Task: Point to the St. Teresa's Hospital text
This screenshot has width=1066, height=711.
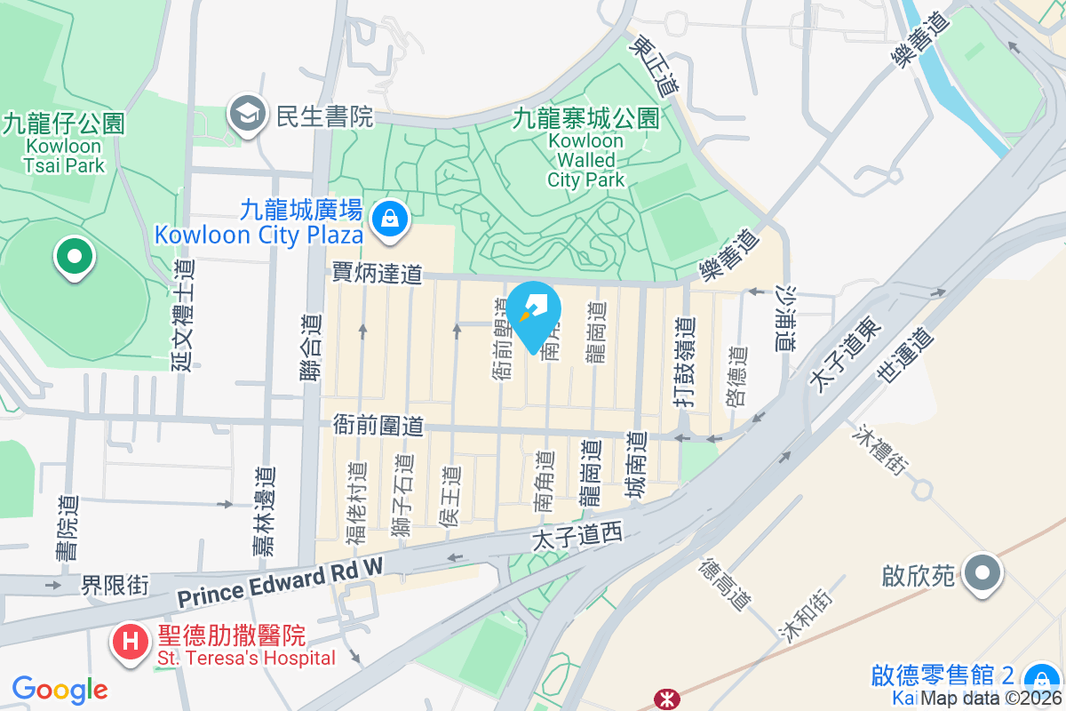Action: point(246,659)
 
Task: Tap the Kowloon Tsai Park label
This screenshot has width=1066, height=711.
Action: point(64,143)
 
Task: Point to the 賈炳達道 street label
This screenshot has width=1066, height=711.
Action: point(377,274)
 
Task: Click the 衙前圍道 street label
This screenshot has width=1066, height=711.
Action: point(378,425)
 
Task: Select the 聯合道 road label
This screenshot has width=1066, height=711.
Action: point(309,348)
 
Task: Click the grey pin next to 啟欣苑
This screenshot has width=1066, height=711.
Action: point(982,573)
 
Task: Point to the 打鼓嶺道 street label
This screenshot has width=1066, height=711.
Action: point(682,362)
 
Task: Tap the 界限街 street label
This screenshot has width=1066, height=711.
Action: point(115,586)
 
